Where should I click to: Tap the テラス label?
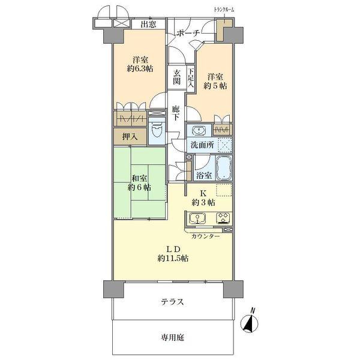click(172, 302)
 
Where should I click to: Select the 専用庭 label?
click(172, 338)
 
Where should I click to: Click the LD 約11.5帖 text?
click(173, 253)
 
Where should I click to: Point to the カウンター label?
click(205, 236)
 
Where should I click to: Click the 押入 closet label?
click(130, 136)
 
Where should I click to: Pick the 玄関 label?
click(177, 76)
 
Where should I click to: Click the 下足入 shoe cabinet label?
click(191, 77)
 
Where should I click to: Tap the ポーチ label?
click(188, 34)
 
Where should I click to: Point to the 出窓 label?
click(148, 25)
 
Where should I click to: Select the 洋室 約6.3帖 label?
click(140, 64)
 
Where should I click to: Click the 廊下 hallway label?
click(176, 114)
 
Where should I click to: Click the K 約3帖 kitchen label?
click(203, 197)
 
